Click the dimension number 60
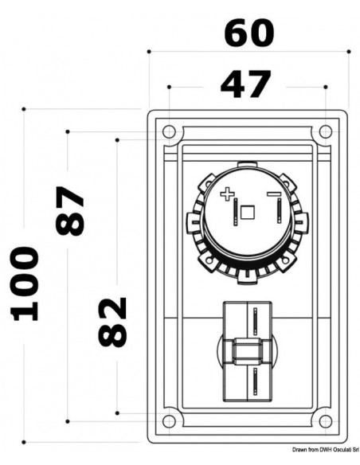[x=248, y=33]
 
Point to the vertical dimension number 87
[x=71, y=211]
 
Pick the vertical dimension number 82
[x=112, y=322]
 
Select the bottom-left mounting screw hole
[x=167, y=421]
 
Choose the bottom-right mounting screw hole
[x=327, y=421]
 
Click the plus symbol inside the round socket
[x=228, y=193]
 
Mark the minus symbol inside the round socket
[x=272, y=193]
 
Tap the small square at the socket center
[x=248, y=213]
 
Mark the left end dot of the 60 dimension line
[x=149, y=51]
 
